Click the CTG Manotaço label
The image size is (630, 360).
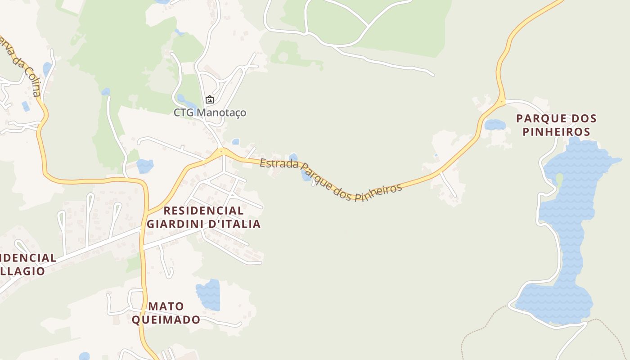click(210, 112)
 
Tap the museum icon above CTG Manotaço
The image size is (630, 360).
click(209, 99)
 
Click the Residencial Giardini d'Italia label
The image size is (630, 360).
click(204, 217)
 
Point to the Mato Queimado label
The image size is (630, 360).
click(166, 313)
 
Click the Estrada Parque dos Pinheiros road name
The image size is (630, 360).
click(330, 178)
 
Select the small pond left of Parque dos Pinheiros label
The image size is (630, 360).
click(495, 125)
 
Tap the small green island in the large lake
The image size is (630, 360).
click(559, 179)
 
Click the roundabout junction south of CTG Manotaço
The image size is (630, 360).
click(221, 152)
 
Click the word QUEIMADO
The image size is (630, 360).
click(166, 320)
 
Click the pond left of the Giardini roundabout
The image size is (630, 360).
click(145, 166)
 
